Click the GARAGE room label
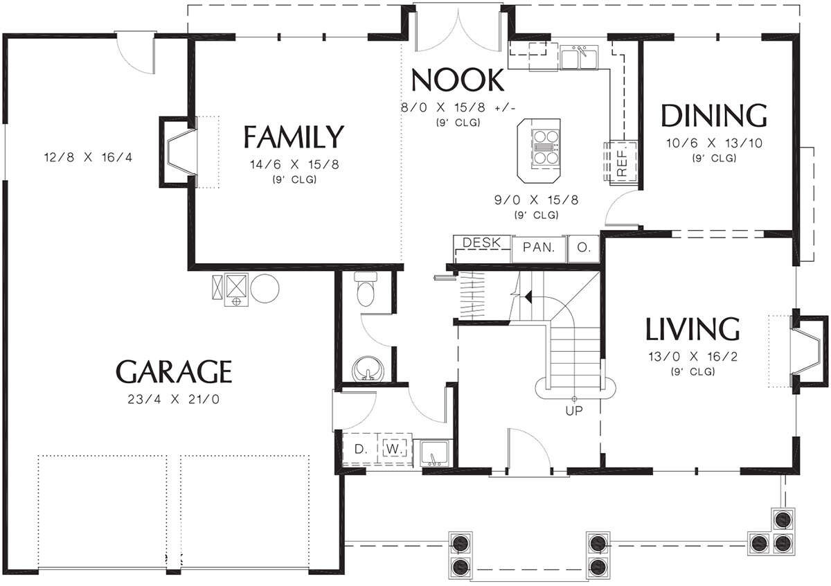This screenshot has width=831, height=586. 174,371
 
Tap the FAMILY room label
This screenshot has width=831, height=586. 294,136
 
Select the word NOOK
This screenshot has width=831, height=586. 458,80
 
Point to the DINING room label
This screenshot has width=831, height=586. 714,116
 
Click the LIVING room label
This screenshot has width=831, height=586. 692,329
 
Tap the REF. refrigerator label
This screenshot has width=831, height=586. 622,163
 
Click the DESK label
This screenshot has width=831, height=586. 482,242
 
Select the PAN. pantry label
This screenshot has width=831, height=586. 539,247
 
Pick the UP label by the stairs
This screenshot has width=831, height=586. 574,411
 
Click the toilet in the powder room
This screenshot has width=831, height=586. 366,289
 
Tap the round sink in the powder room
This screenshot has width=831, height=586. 367,369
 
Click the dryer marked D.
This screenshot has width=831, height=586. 360,450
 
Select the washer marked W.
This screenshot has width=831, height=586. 393,449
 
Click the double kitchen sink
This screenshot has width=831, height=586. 579,57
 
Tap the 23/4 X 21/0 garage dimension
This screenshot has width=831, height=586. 174,400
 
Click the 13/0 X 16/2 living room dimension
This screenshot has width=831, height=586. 693,357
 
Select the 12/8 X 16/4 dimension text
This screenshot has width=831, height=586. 89,157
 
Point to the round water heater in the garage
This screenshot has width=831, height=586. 265,288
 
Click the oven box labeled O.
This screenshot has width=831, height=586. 584,247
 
